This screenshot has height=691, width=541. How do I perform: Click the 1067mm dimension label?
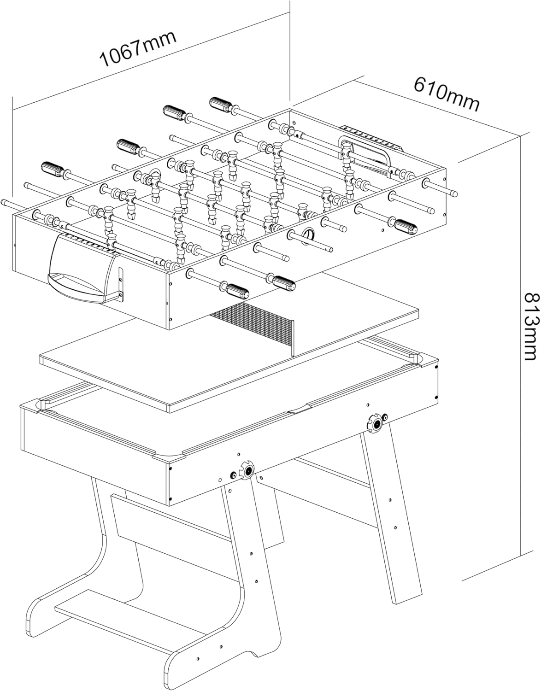(x=138, y=49)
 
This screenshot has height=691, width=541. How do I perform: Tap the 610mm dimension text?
(x=447, y=94)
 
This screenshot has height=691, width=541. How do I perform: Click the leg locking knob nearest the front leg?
(x=248, y=469)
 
